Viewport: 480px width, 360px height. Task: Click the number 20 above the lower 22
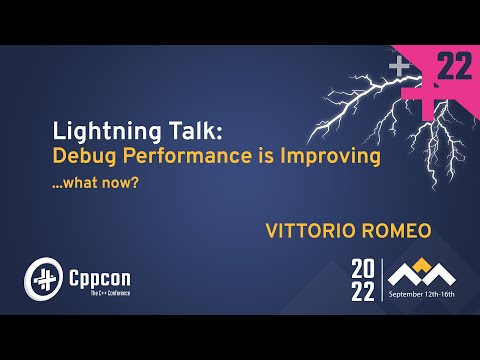click(x=364, y=268)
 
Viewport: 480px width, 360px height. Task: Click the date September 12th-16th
click(x=421, y=296)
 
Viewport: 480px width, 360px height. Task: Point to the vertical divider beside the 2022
click(x=381, y=280)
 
